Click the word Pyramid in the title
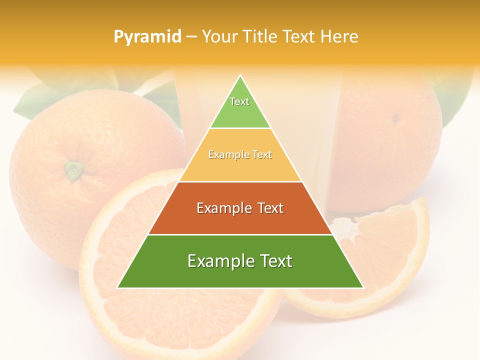[x=147, y=37]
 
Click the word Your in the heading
[x=219, y=37]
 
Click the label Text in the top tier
[x=239, y=101]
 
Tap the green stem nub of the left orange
[x=74, y=170]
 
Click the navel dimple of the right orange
[x=395, y=119]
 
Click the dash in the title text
[x=191, y=37]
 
